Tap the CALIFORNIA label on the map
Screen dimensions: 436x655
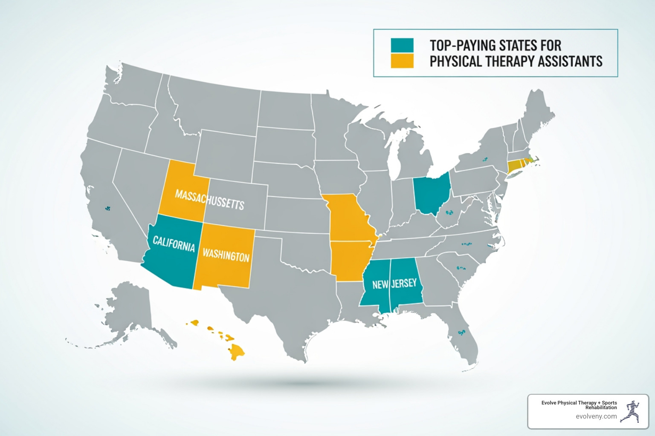[174, 244]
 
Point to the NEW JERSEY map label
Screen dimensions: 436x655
[394, 284]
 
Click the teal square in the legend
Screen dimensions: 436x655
[402, 45]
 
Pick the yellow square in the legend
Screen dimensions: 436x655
[402, 61]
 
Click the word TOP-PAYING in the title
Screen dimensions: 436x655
[461, 45]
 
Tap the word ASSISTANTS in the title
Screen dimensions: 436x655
[570, 61]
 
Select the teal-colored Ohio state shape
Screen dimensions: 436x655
[432, 194]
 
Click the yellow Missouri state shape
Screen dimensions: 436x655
[347, 217]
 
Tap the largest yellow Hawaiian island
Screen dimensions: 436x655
[236, 351]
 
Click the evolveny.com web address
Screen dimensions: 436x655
[596, 416]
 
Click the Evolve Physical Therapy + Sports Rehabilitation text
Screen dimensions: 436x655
[579, 405]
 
